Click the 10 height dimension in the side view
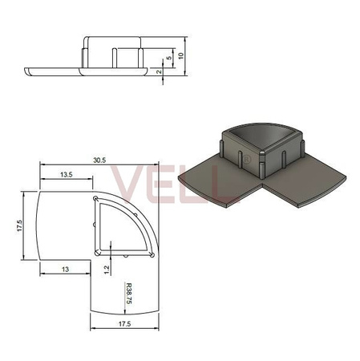tap(183, 55)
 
